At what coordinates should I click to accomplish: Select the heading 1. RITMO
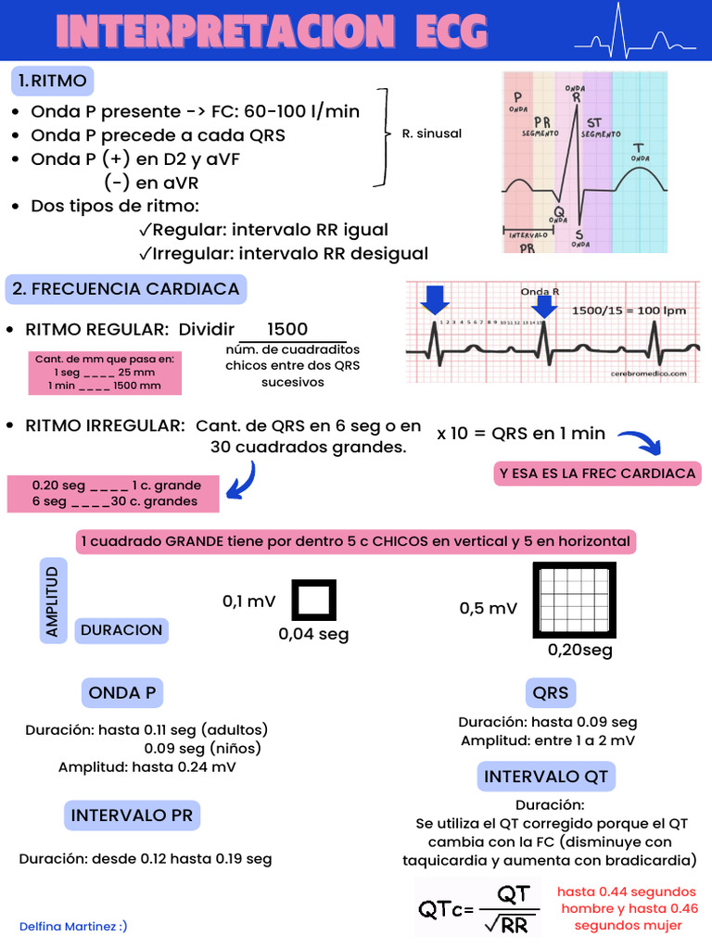tap(53, 81)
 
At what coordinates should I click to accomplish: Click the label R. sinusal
tap(431, 133)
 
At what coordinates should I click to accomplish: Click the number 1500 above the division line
tap(287, 330)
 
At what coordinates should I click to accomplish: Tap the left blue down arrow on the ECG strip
tap(434, 300)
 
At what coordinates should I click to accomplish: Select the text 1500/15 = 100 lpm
tap(629, 310)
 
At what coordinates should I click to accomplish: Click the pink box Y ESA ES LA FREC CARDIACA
tap(597, 474)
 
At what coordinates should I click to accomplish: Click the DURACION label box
tap(121, 630)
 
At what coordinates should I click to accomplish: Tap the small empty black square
tap(314, 600)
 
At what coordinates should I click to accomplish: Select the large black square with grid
tap(574, 600)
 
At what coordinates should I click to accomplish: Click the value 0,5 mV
tap(489, 608)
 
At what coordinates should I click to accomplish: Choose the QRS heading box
tap(551, 692)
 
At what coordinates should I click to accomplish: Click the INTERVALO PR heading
tap(132, 816)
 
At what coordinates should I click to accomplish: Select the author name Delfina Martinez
tap(73, 926)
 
